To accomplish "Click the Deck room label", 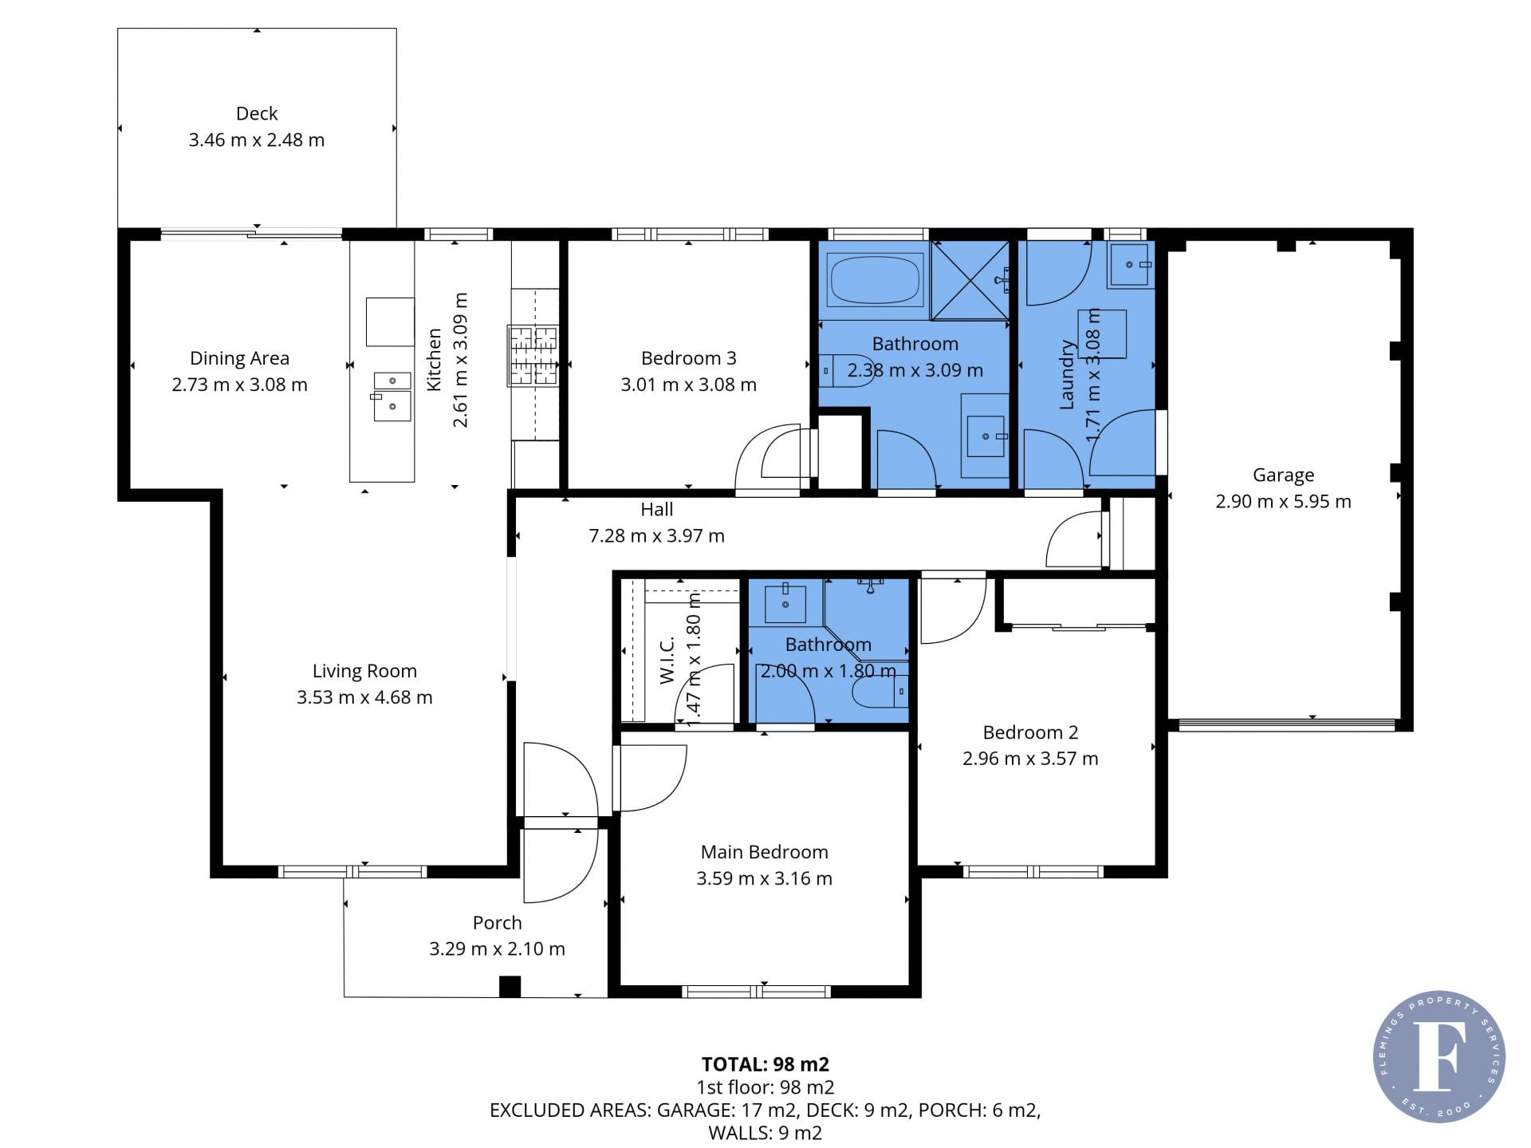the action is pos(257,113).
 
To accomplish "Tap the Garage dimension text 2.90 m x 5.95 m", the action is pos(1283,501).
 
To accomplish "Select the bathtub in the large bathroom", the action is pos(876,279).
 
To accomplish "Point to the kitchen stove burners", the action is pos(533,356).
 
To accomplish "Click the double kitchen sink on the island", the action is pos(392,396).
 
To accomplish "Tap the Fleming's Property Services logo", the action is pos(1439,1056).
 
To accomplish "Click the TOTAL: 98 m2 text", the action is pos(765,1064).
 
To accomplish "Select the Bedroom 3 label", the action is pos(689,358).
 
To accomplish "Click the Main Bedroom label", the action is pos(765,852).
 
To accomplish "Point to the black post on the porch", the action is pos(510,986).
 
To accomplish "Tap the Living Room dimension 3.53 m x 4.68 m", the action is pos(364,697).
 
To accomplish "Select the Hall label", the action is pos(657,509).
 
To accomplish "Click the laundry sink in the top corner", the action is pos(1130,264).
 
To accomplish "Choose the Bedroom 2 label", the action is pos(1030,732).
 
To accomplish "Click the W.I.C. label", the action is pos(667,660).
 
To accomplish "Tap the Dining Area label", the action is pos(239,358).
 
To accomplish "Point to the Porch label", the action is pos(498,922).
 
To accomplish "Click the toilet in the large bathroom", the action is pos(847,370).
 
